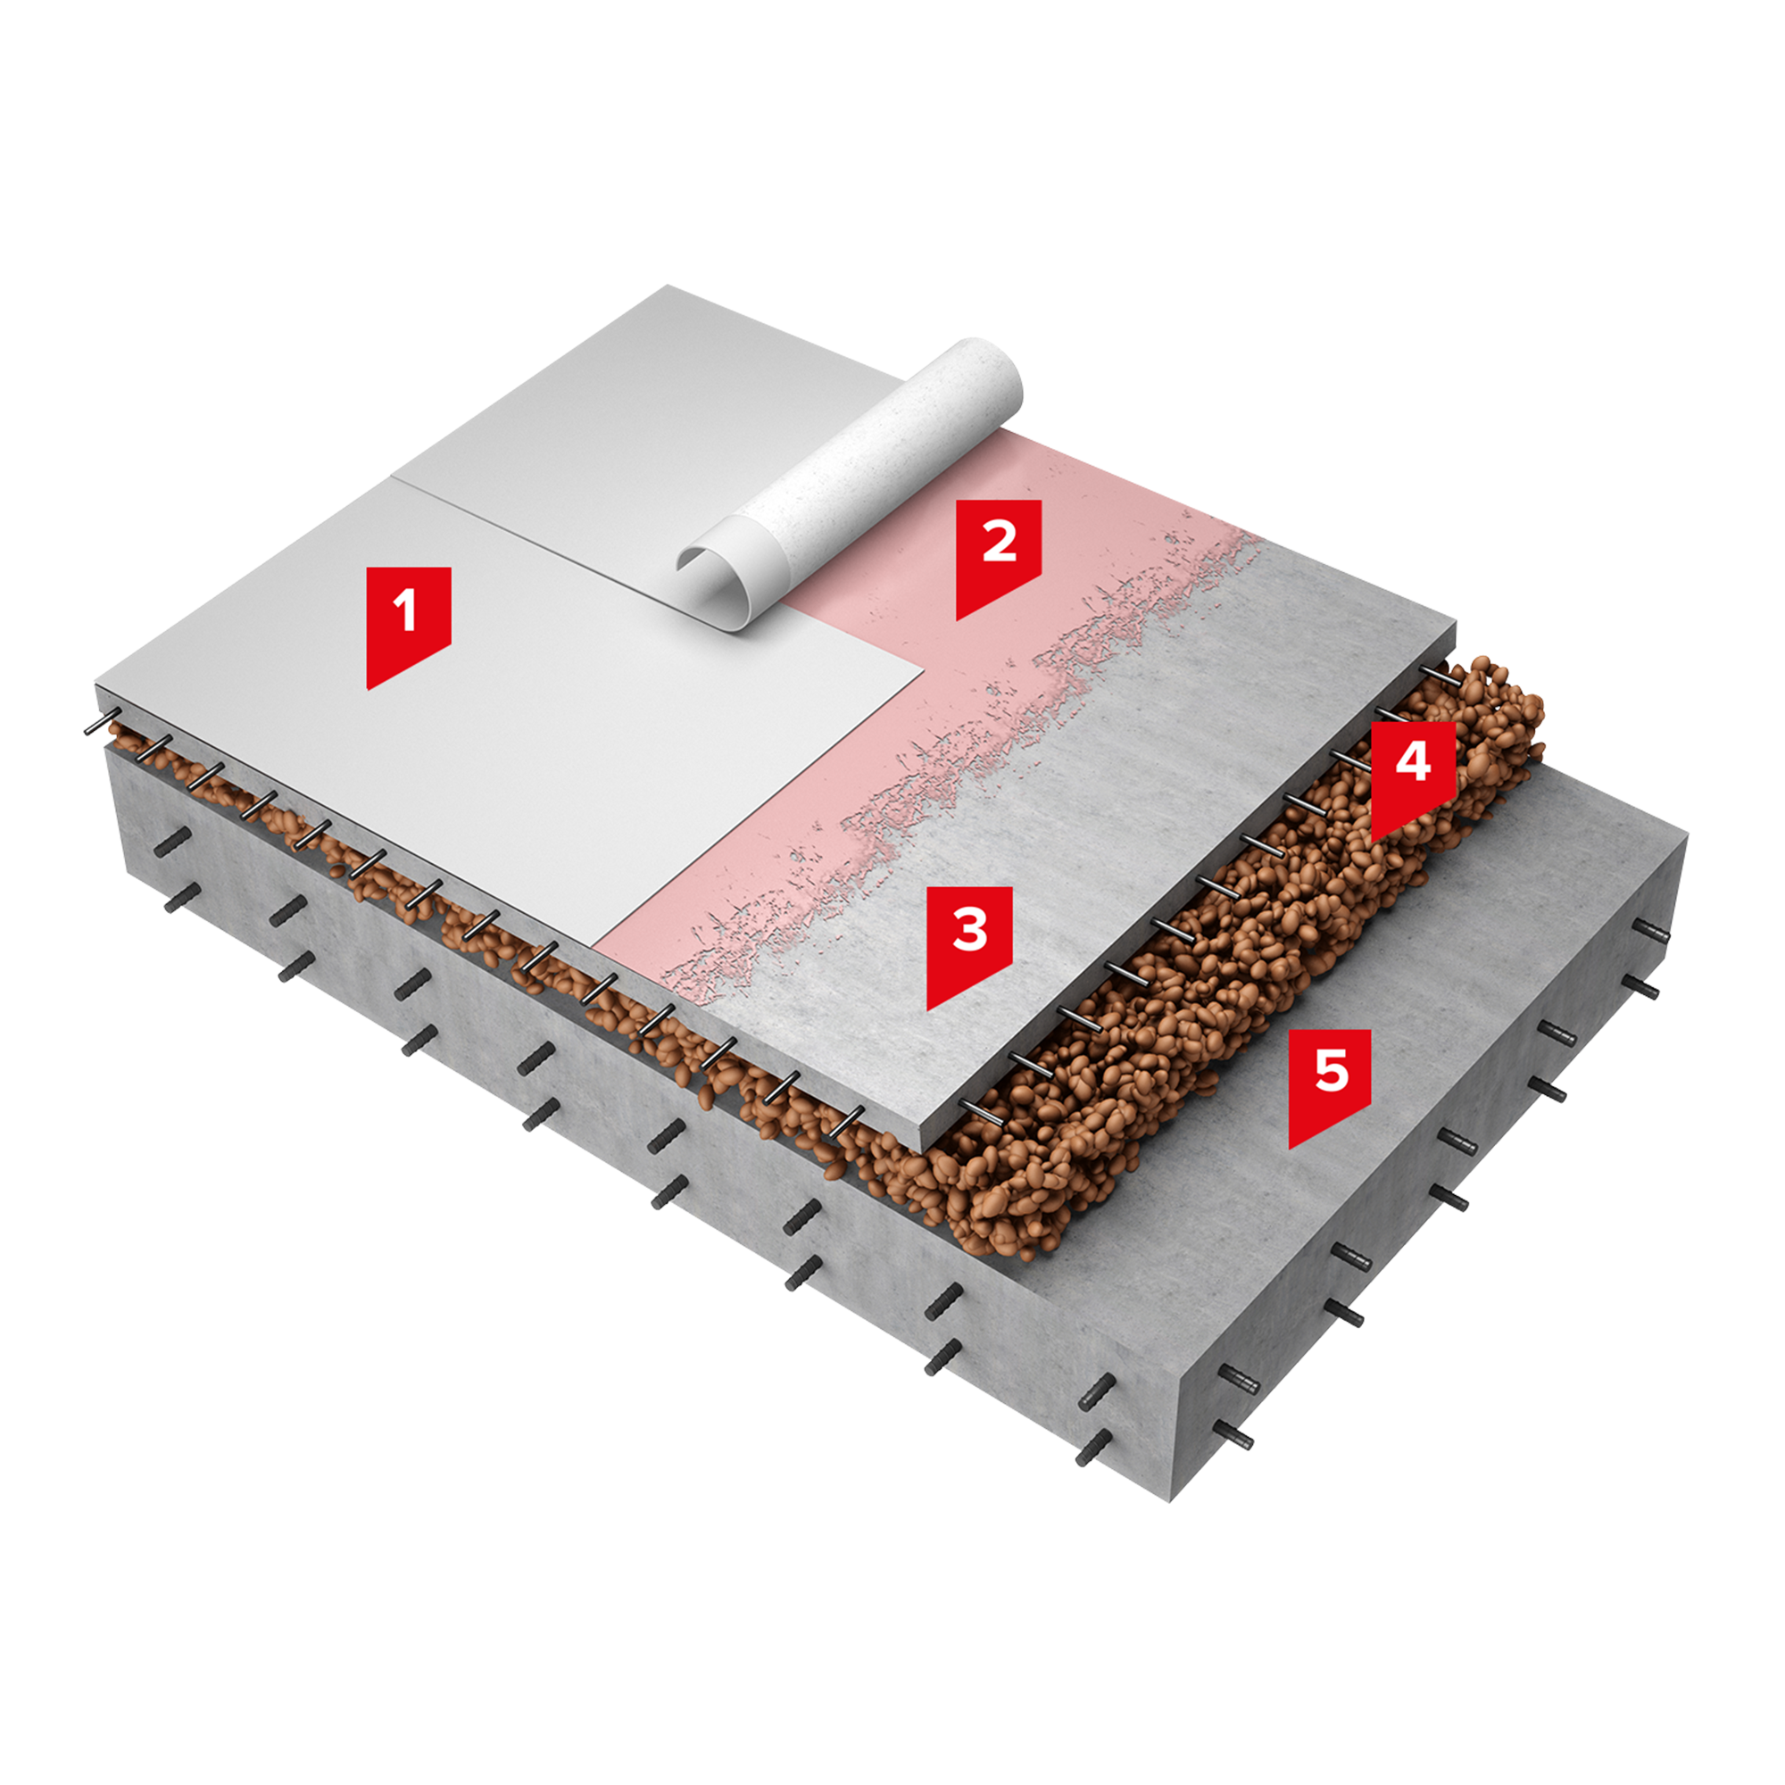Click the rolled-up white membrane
pyautogui.click(x=850, y=485)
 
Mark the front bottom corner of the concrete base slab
pyautogui.click(x=1171, y=1500)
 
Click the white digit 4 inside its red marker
pyautogui.click(x=1414, y=762)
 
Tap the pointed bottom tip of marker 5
pyautogui.click(x=1291, y=1149)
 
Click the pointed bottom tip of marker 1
pyautogui.click(x=369, y=688)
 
